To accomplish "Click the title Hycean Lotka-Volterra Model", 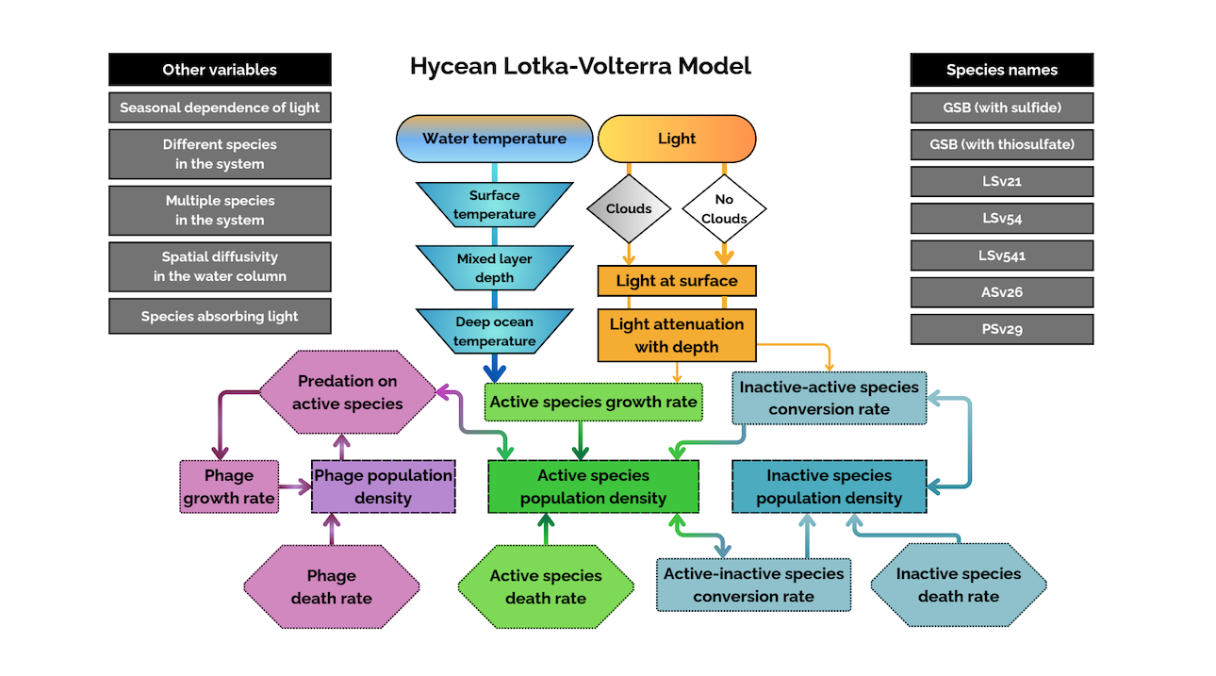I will click(580, 67).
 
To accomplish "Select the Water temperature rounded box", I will click(494, 139).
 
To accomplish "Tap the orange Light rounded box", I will click(677, 139).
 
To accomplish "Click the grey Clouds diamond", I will click(629, 208).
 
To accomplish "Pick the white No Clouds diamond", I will click(724, 208).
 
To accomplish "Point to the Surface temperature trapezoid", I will click(494, 205).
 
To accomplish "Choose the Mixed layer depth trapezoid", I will click(494, 268).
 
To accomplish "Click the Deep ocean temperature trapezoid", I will click(494, 332).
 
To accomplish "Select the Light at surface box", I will click(677, 281).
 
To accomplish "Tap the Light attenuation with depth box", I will click(677, 336).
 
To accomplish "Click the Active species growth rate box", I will click(594, 402).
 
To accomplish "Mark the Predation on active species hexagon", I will click(347, 392).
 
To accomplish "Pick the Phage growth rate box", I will click(229, 486).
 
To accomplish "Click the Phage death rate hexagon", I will click(331, 586).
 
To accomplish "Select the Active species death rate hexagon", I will click(546, 586).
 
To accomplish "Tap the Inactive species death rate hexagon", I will click(959, 585).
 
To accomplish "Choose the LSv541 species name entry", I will click(1001, 256).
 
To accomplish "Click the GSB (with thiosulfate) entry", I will click(1001, 144).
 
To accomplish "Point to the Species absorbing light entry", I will click(220, 317).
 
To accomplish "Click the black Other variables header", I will click(220, 70).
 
